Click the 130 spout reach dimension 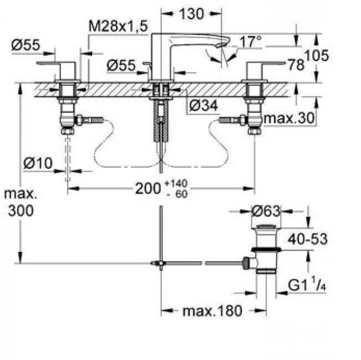(191, 14)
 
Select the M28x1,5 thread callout (118, 26)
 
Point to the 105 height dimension (317, 55)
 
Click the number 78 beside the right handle (296, 65)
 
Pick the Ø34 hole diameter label (204, 106)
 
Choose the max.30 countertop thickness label (289, 118)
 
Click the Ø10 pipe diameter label (38, 163)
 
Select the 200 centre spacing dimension (148, 188)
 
